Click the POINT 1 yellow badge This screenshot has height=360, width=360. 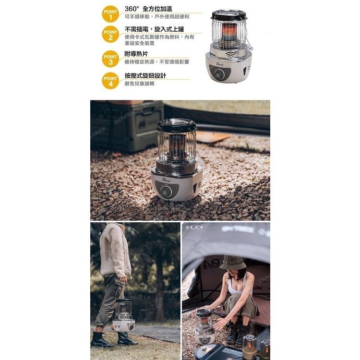pyautogui.click(x=110, y=13)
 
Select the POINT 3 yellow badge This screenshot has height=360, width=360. pyautogui.click(x=110, y=59)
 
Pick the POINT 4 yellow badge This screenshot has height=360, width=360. pyautogui.click(x=110, y=80)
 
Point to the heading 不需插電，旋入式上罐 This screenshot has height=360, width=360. pyautogui.click(x=154, y=29)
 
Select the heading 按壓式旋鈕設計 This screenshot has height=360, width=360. pyautogui.click(x=145, y=75)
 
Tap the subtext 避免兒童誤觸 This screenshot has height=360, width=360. pyautogui.click(x=139, y=84)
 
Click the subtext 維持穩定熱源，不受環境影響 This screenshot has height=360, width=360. pyautogui.click(x=156, y=61)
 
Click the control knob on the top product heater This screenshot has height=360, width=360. pyautogui.click(x=220, y=74)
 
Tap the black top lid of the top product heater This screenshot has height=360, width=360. pyautogui.click(x=228, y=15)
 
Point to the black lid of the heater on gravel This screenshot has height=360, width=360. pyautogui.click(x=177, y=125)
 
